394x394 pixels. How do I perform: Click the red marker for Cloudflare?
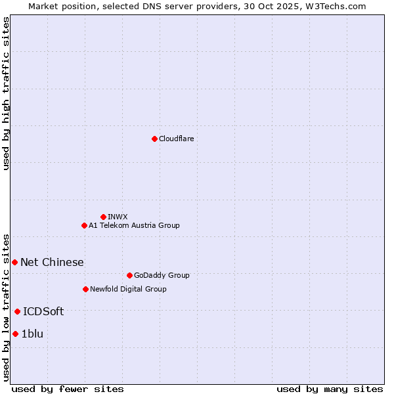tap(154, 139)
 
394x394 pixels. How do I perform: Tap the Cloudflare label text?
tap(176, 139)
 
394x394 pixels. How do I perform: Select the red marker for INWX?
tap(103, 217)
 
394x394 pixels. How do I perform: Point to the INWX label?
tap(118, 217)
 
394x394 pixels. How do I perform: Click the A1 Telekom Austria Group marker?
tap(84, 225)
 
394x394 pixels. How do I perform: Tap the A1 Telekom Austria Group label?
tap(134, 225)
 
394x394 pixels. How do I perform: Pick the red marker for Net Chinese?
tap(14, 262)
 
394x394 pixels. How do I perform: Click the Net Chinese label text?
tap(52, 262)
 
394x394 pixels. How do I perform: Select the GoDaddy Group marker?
tap(129, 275)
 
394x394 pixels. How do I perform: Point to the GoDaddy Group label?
tap(161, 275)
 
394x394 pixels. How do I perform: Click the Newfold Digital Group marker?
tap(85, 289)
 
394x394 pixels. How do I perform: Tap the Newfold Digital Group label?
tap(128, 289)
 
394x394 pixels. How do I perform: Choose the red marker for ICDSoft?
tap(17, 311)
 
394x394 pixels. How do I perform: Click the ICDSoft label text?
tap(43, 311)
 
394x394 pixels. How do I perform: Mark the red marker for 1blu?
tap(15, 334)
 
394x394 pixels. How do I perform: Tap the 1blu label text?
tap(32, 334)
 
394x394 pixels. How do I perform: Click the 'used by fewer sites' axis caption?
tap(68, 389)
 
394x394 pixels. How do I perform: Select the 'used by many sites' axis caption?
tap(329, 389)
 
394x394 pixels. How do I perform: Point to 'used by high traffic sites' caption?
tap(6, 93)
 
